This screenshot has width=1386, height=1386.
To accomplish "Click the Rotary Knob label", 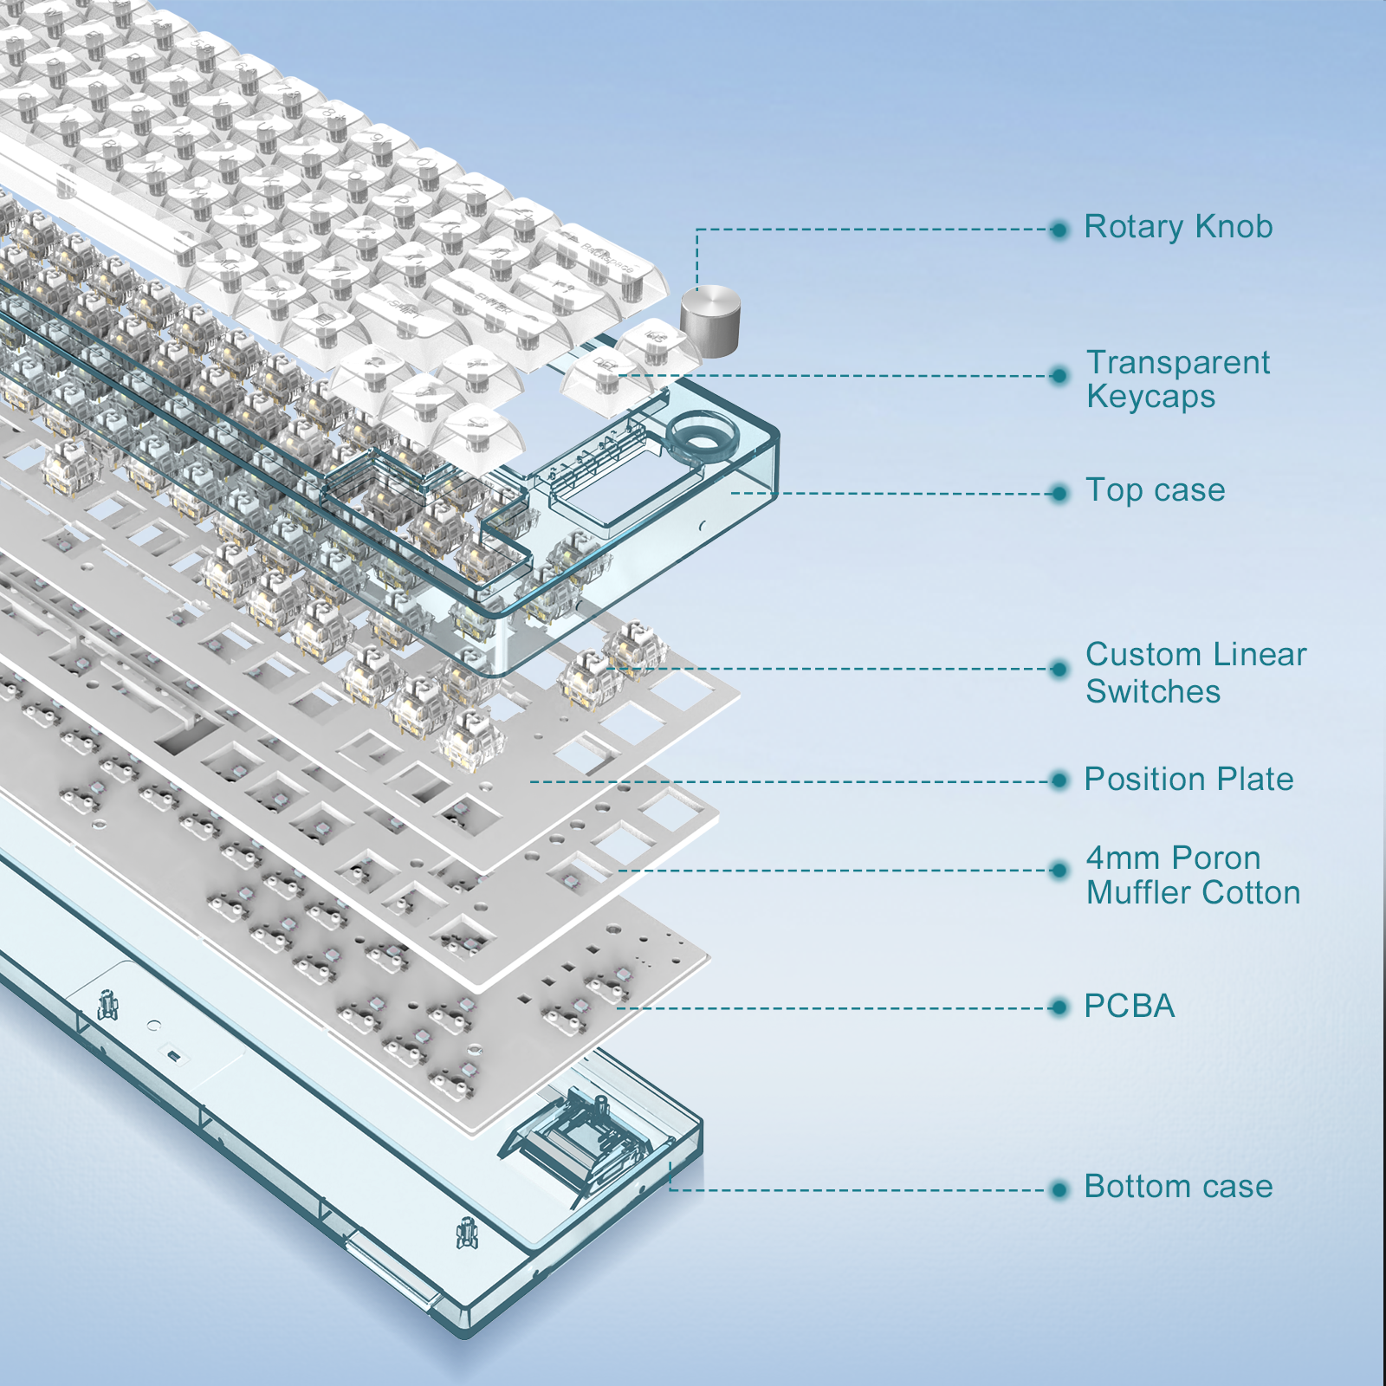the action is click(x=1178, y=227).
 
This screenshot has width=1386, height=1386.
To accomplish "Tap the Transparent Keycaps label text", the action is click(x=1178, y=379).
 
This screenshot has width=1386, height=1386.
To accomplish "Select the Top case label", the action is click(x=1156, y=491).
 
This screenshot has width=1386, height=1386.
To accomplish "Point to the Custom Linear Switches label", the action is click(x=1196, y=673).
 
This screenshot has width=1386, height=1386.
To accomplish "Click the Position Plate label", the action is click(x=1188, y=780).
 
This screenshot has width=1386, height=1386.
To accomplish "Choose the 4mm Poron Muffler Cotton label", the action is click(x=1194, y=876).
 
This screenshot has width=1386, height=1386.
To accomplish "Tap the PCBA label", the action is click(x=1130, y=1007).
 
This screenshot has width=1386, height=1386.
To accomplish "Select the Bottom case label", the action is click(x=1178, y=1187).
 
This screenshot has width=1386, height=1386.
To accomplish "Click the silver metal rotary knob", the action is click(x=710, y=321).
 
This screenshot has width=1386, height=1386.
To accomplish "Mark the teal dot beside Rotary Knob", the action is click(x=1059, y=230).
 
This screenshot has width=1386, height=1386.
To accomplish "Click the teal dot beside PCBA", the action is click(x=1059, y=1007).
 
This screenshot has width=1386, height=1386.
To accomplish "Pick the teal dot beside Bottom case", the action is click(x=1059, y=1189).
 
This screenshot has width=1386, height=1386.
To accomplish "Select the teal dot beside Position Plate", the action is click(x=1059, y=781).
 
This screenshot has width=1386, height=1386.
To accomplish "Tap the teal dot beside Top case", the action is click(x=1059, y=494).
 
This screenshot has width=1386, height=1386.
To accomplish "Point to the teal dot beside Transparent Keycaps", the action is click(x=1059, y=376).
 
